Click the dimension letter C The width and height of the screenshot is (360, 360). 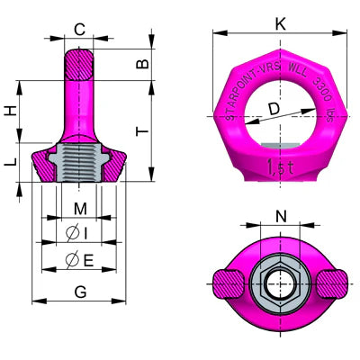pyautogui.click(x=79, y=30)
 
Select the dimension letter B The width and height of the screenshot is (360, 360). pyautogui.click(x=141, y=63)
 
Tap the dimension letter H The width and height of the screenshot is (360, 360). pyautogui.click(x=11, y=111)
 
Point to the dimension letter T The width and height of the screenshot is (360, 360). pyautogui.click(x=141, y=131)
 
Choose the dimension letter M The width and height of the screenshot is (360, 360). pyautogui.click(x=80, y=210)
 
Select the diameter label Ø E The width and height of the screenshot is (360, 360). pyautogui.click(x=78, y=261)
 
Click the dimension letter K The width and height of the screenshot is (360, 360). pyautogui.click(x=280, y=24)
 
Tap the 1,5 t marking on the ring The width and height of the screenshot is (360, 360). pyautogui.click(x=280, y=166)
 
